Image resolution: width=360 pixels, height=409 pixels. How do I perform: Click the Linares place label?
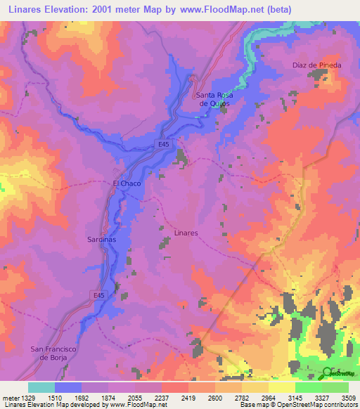point(186,233)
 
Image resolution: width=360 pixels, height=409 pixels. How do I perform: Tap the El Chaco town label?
point(127,183)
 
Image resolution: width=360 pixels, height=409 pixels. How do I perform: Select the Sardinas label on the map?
point(103,239)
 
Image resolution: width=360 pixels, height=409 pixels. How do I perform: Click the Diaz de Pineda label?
point(316,65)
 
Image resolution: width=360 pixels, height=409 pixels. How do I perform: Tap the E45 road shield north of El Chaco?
point(163,144)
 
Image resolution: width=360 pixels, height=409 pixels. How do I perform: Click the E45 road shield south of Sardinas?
point(100,297)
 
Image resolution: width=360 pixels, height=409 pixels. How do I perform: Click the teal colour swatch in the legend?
point(41,387)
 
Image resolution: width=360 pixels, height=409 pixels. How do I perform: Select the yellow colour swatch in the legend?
point(281,387)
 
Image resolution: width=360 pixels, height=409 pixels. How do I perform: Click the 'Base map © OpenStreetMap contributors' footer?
point(297,405)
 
